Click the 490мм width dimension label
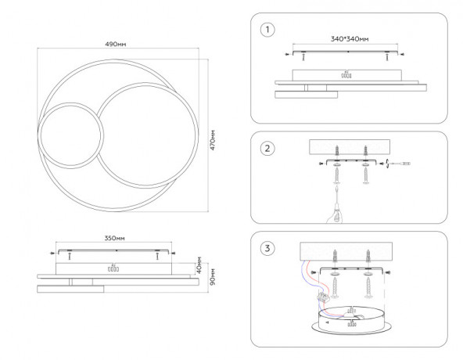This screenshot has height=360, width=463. pos(116,45)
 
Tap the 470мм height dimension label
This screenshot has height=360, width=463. pos(213,140)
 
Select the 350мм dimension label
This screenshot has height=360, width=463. pos(114,238)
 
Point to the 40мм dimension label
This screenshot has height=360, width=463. pos(199,265)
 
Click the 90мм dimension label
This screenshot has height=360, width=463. pos(213,277)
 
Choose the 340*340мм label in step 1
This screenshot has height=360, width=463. pos(350,39)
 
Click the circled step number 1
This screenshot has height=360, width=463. pos(267,30)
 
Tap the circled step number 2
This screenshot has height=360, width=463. pos(267,149)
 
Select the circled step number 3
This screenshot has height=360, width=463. pos(267,248)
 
